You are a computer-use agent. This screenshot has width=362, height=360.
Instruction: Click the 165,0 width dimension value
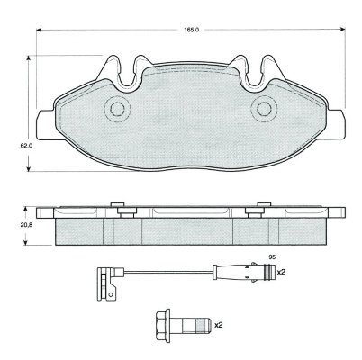click(x=191, y=30)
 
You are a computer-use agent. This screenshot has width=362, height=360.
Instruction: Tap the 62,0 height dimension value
click(x=26, y=146)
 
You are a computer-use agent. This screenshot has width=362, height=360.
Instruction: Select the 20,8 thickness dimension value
click(x=26, y=225)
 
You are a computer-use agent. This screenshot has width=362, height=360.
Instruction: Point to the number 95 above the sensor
click(x=272, y=256)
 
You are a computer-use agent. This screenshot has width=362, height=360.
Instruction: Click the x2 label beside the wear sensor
click(x=280, y=273)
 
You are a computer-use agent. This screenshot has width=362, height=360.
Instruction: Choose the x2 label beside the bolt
click(x=218, y=324)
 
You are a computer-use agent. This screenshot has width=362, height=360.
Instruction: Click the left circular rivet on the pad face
click(x=117, y=109)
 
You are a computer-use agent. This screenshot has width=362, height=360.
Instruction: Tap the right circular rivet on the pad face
click(x=264, y=109)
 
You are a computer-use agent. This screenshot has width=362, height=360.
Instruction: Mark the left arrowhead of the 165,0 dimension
click(x=39, y=30)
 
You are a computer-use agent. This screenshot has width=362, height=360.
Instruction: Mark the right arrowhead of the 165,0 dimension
click(x=342, y=30)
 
